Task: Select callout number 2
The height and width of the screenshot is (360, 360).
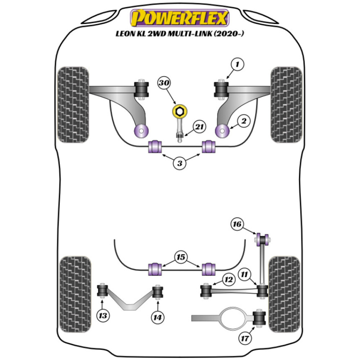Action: click(244, 122)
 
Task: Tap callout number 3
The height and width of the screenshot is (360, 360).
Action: click(180, 163)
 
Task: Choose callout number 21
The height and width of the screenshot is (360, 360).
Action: click(199, 127)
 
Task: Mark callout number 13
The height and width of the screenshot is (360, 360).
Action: click(103, 316)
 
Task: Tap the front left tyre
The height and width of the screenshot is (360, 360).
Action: click(73, 104)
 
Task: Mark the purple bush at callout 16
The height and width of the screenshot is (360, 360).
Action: click(263, 239)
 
